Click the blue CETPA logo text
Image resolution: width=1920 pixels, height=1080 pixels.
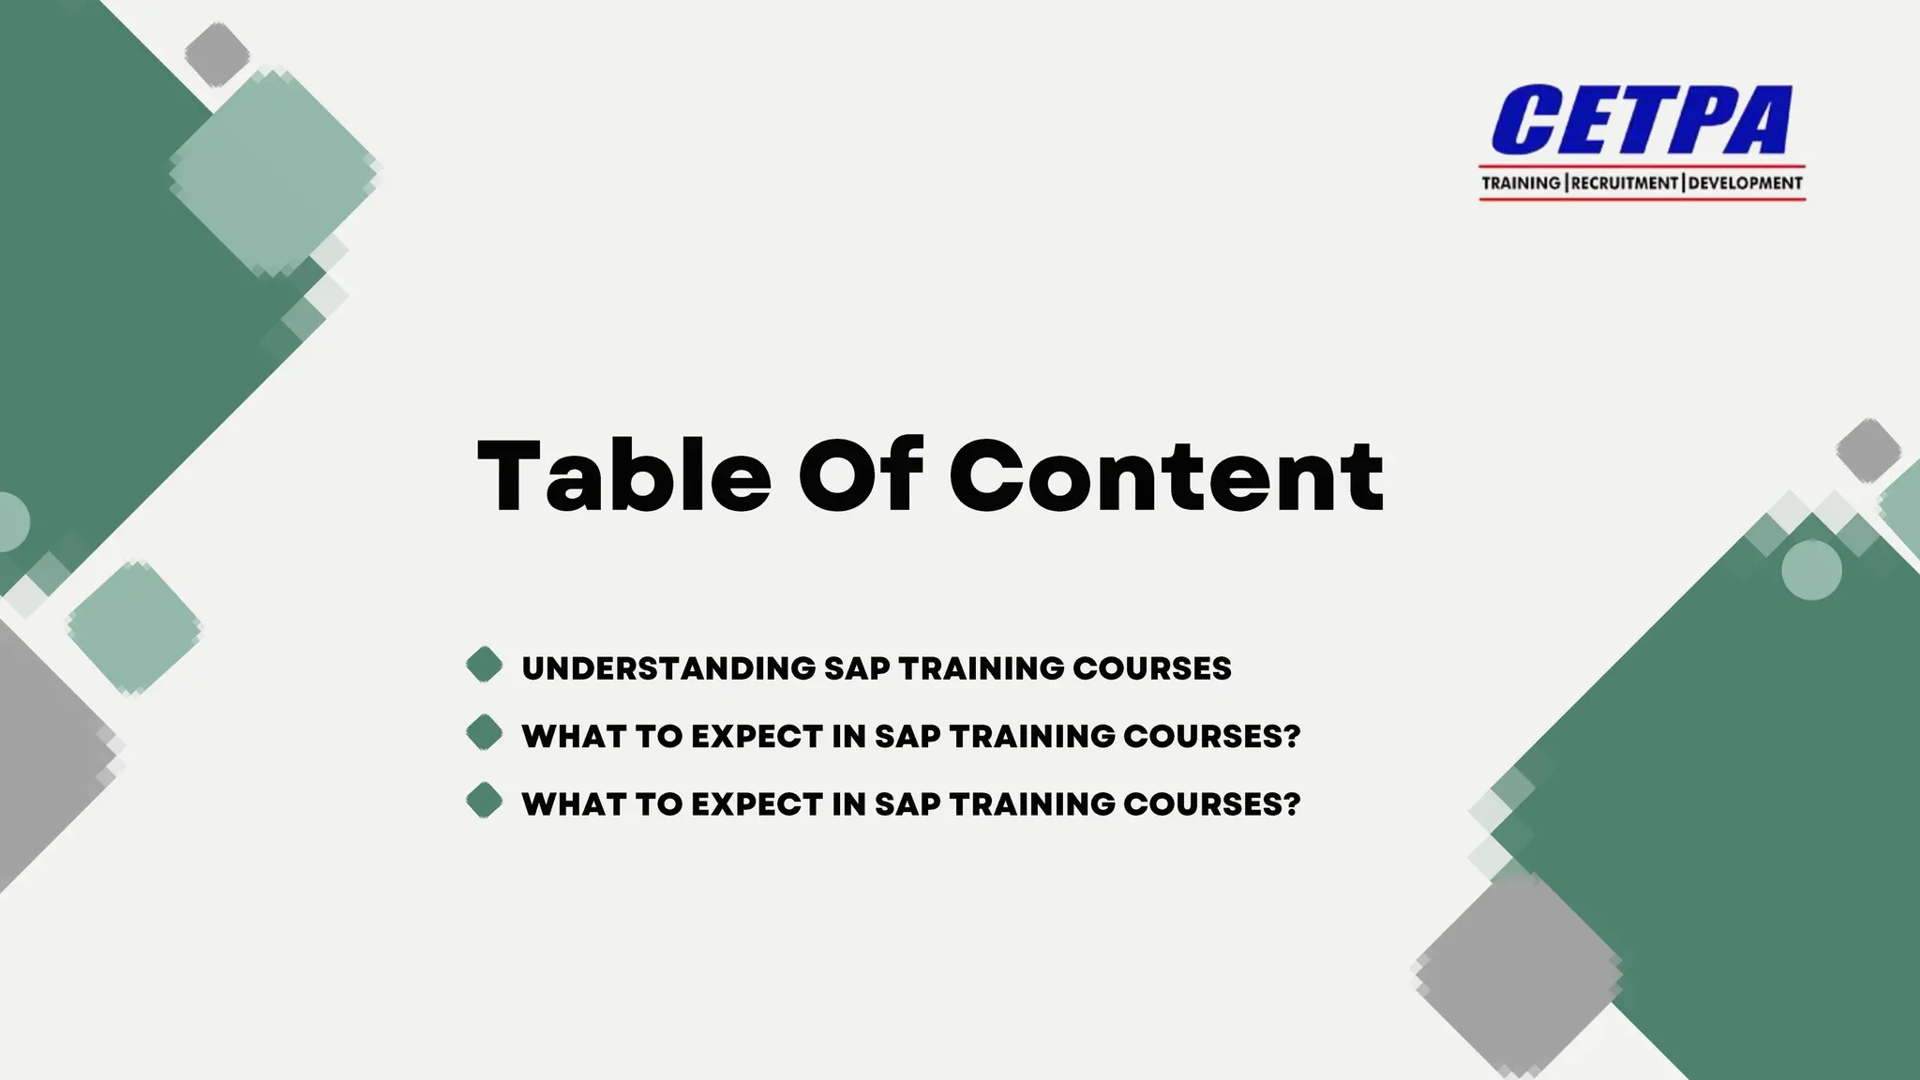point(1641,119)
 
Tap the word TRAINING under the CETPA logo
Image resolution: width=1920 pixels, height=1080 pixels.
point(1521,183)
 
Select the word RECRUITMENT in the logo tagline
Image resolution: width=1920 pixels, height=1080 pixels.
point(1625,183)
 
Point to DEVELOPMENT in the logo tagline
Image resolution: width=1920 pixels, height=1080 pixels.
point(1746,183)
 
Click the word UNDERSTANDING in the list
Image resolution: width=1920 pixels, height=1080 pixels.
point(668,668)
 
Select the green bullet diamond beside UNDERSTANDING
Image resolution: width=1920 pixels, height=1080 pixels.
point(485,665)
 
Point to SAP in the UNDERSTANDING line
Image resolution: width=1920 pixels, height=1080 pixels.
point(857,668)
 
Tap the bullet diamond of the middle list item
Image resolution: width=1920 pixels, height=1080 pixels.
point(485,732)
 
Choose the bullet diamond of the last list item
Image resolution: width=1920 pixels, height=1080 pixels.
point(485,801)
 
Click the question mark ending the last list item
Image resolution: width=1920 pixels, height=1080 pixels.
point(1293,803)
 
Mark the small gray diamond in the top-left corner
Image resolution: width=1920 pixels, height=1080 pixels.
point(217,54)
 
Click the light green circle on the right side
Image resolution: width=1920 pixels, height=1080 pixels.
point(1811,570)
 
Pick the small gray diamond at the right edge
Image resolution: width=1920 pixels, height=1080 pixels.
point(1867,451)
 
